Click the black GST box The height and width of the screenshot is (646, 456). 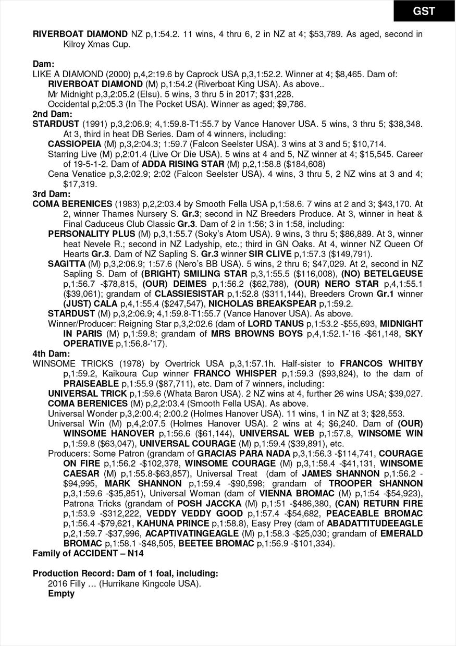pyautogui.click(x=424, y=11)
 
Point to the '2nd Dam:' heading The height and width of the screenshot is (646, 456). pyautogui.click(x=52, y=114)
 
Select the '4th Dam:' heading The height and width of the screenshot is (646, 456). pyautogui.click(x=52, y=353)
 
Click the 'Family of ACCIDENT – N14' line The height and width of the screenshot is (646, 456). pyautogui.click(x=90, y=553)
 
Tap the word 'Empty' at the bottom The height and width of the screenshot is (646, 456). pyautogui.click(x=61, y=593)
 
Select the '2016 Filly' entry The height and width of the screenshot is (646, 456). pyautogui.click(x=67, y=583)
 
